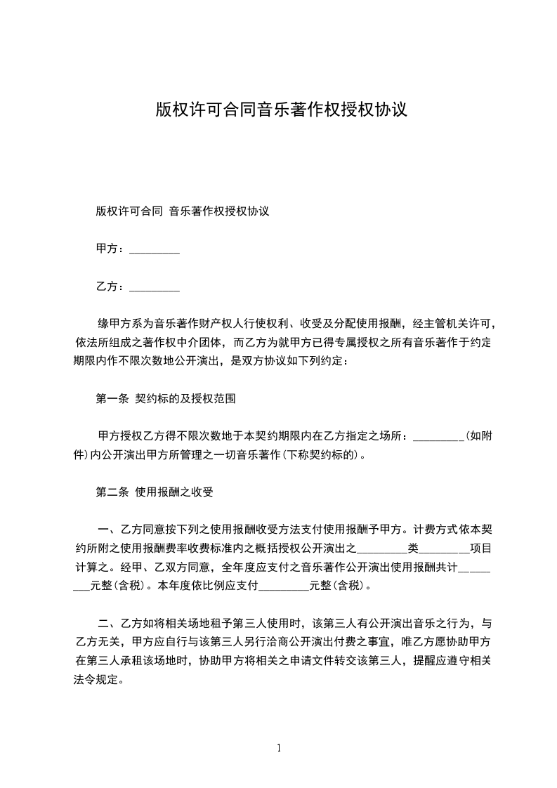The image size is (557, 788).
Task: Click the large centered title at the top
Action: (x=281, y=110)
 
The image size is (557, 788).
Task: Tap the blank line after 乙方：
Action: (x=155, y=288)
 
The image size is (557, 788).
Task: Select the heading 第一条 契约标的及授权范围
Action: (x=165, y=399)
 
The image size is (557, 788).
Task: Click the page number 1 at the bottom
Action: (x=279, y=748)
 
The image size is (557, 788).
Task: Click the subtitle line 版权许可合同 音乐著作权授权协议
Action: (x=183, y=211)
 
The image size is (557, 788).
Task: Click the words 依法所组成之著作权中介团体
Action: (x=148, y=343)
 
